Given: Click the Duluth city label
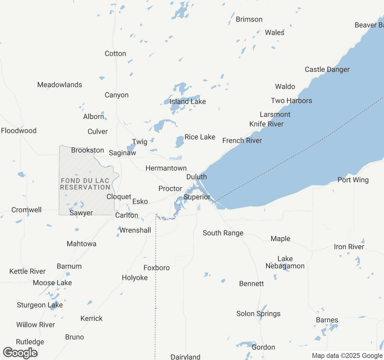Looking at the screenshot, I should pyautogui.click(x=196, y=177).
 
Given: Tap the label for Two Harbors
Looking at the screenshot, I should pyautogui.click(x=291, y=100).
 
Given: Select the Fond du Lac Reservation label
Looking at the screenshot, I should pyautogui.click(x=85, y=184).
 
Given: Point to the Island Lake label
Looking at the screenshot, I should pyautogui.click(x=187, y=101).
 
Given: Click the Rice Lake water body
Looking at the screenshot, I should pyautogui.click(x=179, y=142).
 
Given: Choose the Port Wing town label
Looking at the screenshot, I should pyautogui.click(x=353, y=180).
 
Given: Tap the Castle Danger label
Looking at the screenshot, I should pyautogui.click(x=327, y=69).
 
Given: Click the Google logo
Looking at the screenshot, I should pyautogui.click(x=20, y=353).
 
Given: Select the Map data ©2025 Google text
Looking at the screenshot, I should pyautogui.click(x=347, y=355).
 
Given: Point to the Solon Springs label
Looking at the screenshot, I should pyautogui.click(x=258, y=313).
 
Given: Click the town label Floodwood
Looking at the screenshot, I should pyautogui.click(x=19, y=130).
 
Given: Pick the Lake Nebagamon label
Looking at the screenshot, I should pyautogui.click(x=285, y=262).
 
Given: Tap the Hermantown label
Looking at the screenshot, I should pyautogui.click(x=166, y=168).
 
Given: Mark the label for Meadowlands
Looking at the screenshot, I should pyautogui.click(x=59, y=85).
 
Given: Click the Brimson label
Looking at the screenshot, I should pyautogui.click(x=249, y=19).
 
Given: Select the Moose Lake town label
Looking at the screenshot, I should pyautogui.click(x=52, y=283).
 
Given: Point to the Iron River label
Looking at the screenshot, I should pyautogui.click(x=349, y=247).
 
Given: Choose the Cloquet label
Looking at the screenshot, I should pyautogui.click(x=119, y=196).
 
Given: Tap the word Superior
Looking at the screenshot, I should pyautogui.click(x=197, y=197).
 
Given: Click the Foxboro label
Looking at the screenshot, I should pyautogui.click(x=156, y=268).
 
